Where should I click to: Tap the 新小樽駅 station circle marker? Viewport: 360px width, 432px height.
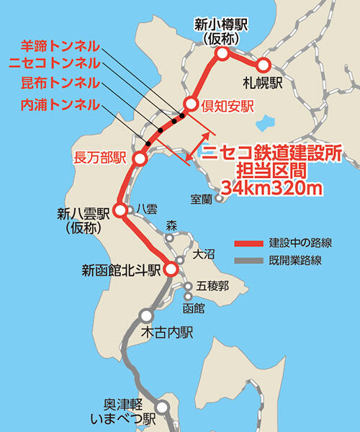pyautogui.click(x=222, y=53)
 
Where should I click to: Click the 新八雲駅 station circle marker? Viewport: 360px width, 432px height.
pyautogui.click(x=121, y=210)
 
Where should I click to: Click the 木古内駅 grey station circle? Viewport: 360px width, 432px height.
pyautogui.click(x=147, y=315)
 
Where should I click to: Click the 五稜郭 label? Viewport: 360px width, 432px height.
pyautogui.click(x=213, y=286)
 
